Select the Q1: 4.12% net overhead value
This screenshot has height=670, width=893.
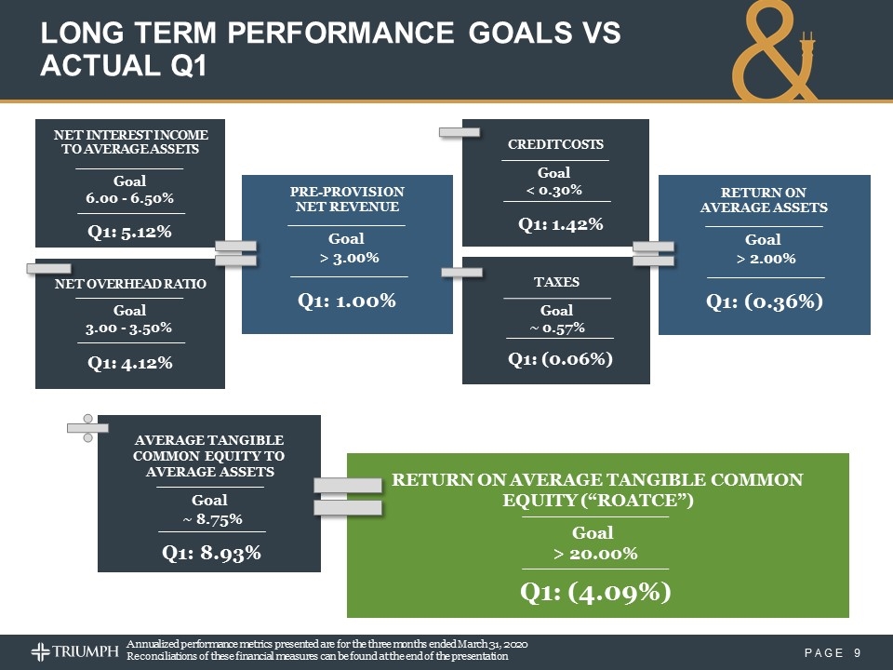pos(129,363)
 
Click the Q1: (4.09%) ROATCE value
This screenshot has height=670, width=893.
pos(595,592)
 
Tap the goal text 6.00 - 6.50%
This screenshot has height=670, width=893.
pos(130,198)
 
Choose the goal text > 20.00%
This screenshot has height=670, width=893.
pos(595,554)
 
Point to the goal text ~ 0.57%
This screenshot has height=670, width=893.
pos(557,327)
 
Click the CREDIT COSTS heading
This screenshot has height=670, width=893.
pos(555,144)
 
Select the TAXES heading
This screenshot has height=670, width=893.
pos(556,282)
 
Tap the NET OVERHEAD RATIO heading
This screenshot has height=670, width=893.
pos(130,281)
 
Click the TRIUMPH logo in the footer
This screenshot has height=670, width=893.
pos(75,650)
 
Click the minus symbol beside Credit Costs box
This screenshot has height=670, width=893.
pos(460,133)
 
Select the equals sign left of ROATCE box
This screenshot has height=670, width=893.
pos(347,497)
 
